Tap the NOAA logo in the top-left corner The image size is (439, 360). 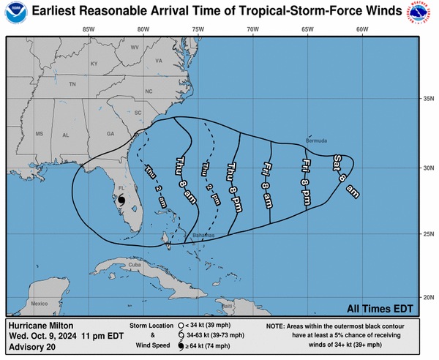[x=15, y=14]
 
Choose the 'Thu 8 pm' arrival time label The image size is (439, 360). [x=231, y=181]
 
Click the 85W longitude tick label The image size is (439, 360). [x=89, y=30]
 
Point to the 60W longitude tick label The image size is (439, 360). [x=361, y=30]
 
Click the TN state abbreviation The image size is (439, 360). [x=72, y=85]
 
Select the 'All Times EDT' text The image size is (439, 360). [x=380, y=307]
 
